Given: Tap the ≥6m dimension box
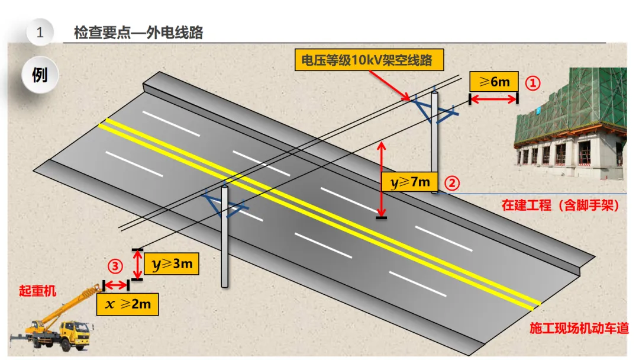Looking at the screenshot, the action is click(493, 81).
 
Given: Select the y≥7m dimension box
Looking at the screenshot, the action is click(410, 182).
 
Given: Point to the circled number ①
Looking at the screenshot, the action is click(533, 83).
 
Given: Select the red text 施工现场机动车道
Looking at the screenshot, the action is click(579, 328).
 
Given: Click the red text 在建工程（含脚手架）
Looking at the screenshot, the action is click(560, 205).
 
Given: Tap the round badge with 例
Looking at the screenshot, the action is click(40, 75).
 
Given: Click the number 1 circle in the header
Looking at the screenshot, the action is click(40, 33).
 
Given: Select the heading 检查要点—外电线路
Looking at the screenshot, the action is click(138, 33).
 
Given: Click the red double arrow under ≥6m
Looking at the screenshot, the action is click(493, 99).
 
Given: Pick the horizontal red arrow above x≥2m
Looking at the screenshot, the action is click(116, 285).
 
